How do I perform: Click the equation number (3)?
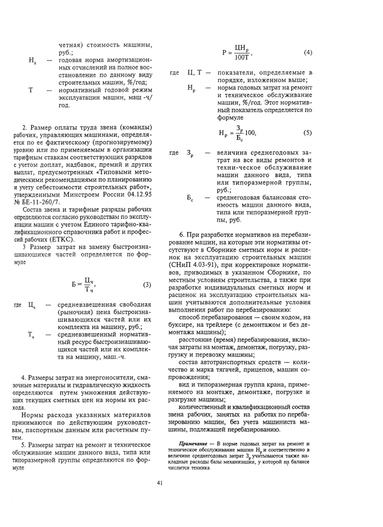tap(147, 285)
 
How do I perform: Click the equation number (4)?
tap(307, 53)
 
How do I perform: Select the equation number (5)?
tap(307, 132)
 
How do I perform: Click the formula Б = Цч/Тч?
tap(83, 285)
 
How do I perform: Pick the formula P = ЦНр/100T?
tap(237, 53)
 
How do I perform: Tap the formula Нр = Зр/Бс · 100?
tap(237, 132)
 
